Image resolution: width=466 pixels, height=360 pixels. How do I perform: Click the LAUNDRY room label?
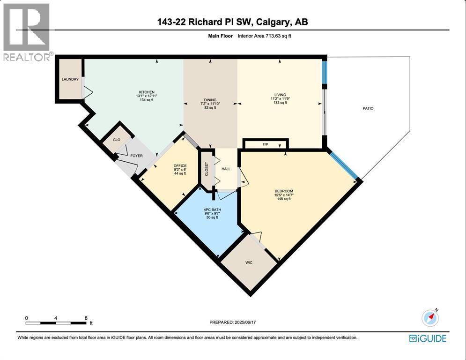[x=70, y=79]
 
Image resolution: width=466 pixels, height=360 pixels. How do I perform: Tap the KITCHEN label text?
[x=146, y=92]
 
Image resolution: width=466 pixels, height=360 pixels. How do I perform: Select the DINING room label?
[x=210, y=100]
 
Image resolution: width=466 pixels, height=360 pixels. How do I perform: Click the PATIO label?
[x=368, y=108]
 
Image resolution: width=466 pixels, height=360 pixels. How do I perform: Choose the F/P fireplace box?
[x=265, y=145]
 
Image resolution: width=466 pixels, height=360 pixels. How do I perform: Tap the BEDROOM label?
[x=284, y=191]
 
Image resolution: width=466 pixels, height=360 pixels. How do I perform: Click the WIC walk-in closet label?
[x=249, y=262]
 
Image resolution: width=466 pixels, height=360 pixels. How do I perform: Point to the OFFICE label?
[x=180, y=166]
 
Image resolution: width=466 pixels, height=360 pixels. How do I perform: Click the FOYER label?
[x=136, y=157]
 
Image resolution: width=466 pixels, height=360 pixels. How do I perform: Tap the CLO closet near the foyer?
[x=117, y=139]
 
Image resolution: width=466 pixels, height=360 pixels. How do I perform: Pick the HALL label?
[x=226, y=169]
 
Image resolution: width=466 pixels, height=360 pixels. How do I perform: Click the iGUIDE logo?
[x=428, y=338]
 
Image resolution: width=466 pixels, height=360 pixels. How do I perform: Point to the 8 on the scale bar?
[x=86, y=318]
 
